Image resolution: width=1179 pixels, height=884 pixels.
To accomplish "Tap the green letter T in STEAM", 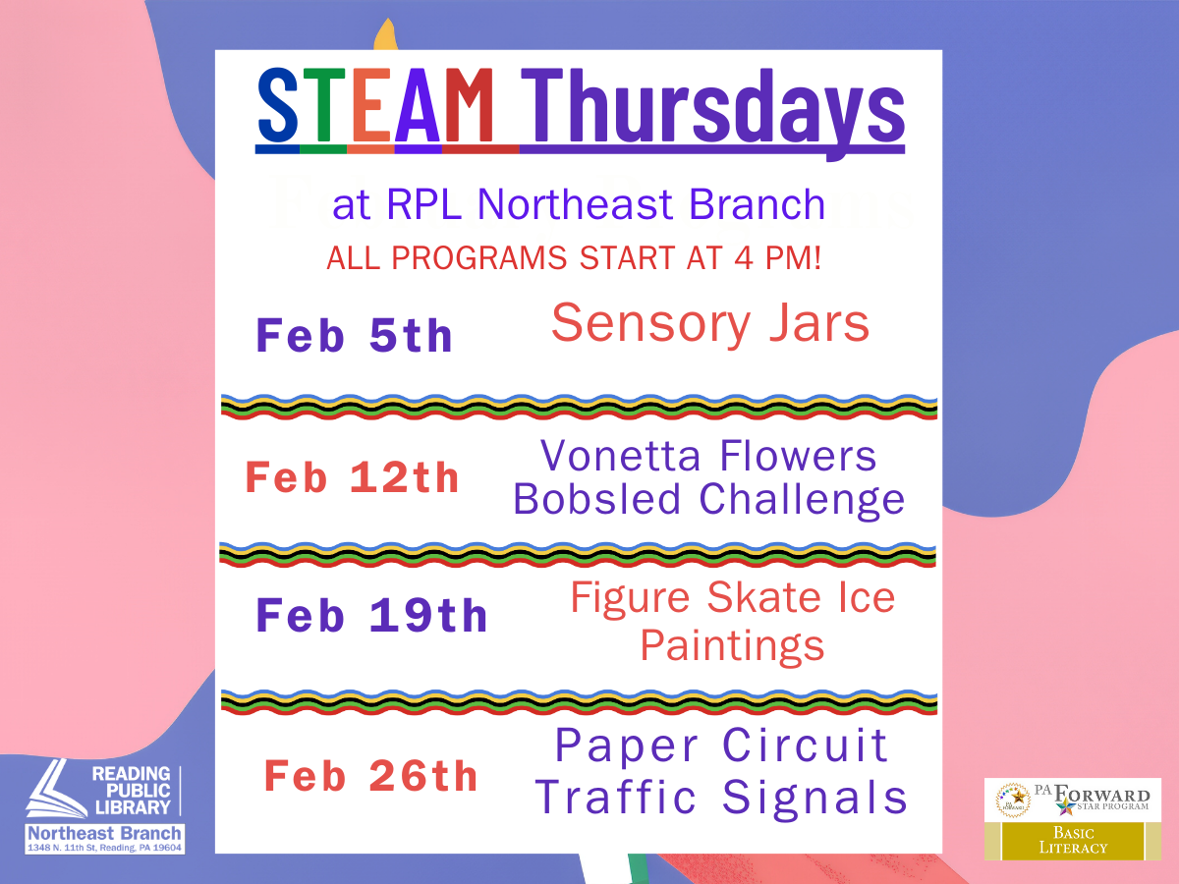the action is tap(323, 105).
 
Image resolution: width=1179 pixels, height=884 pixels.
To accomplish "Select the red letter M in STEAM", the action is tap(468, 105).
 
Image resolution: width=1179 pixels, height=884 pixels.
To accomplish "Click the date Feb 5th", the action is tap(354, 336).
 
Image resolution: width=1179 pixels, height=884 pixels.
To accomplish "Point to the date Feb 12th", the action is tap(352, 477).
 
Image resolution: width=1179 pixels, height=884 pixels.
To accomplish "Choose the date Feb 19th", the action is tap(371, 615).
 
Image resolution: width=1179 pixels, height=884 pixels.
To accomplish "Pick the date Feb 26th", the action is tap(370, 776).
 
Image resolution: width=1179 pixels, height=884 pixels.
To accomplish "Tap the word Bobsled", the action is tap(596, 499).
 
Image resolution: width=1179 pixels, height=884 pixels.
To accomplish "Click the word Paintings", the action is tap(732, 645).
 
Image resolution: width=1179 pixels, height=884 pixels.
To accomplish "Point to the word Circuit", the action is tap(805, 745).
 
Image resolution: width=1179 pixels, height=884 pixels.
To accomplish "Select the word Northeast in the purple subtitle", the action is tap(576, 204).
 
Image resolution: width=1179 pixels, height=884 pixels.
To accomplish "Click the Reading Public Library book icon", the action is tap(56, 788).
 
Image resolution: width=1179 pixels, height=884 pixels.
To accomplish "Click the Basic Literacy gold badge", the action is tap(1073, 841).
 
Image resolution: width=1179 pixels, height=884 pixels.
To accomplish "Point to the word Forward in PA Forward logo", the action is tap(1101, 795).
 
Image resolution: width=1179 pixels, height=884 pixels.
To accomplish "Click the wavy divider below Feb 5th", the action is tap(579, 407).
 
